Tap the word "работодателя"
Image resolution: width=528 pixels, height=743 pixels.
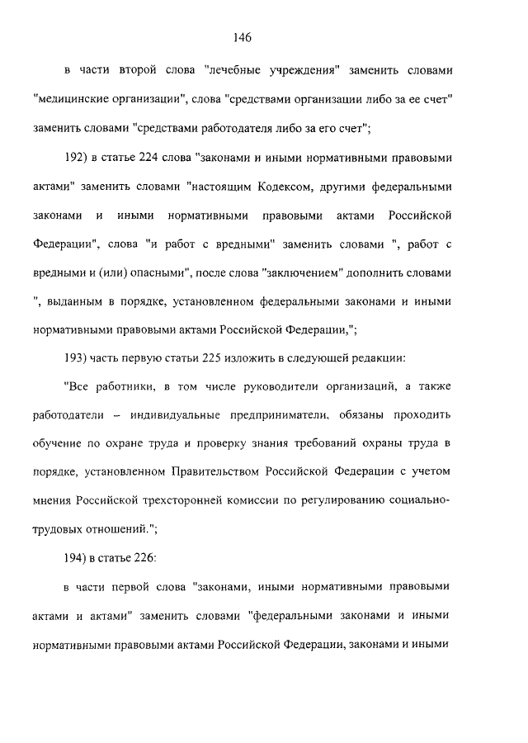[263, 128]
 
